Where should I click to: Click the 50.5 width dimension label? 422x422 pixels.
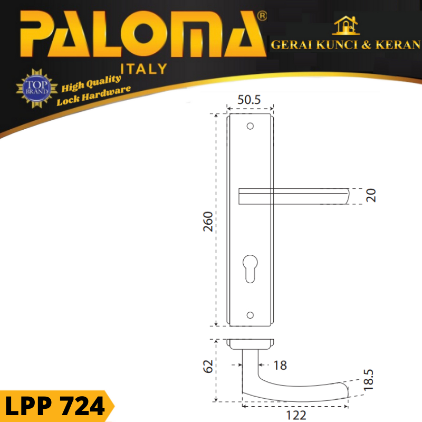(x=249, y=100)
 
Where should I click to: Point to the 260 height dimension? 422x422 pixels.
(x=208, y=222)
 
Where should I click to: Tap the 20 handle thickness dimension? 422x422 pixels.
(x=371, y=195)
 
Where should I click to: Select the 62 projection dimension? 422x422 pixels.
(x=208, y=366)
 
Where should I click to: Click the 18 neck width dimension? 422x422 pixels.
(x=280, y=366)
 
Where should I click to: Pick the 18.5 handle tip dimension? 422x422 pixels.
(x=368, y=380)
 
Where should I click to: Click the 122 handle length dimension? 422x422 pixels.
(x=296, y=415)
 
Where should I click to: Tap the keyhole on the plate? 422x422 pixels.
(x=250, y=269)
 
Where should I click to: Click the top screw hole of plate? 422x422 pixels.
(x=250, y=126)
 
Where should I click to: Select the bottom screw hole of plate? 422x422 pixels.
(x=250, y=315)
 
